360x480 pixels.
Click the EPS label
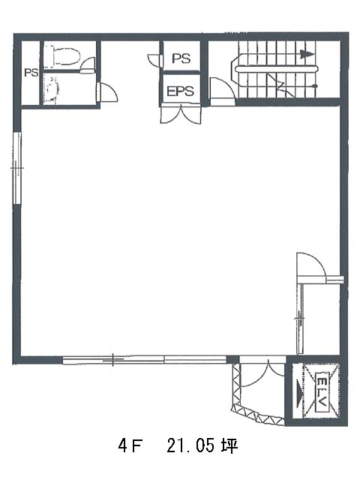(180, 91)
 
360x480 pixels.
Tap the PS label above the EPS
(181, 58)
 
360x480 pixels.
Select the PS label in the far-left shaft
(31, 73)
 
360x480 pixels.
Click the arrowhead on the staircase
(307, 55)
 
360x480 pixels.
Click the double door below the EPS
(181, 114)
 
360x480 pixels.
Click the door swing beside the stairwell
(223, 91)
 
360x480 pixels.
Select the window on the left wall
(17, 168)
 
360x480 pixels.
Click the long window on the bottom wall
(145, 360)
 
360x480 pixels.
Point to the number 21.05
(190, 445)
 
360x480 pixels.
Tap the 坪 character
(229, 445)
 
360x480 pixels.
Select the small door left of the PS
(154, 60)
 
